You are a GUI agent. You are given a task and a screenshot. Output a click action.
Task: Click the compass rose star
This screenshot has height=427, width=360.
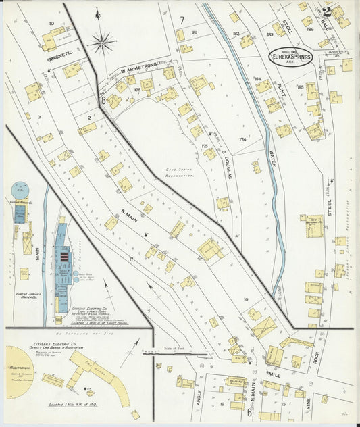click(x=101, y=43)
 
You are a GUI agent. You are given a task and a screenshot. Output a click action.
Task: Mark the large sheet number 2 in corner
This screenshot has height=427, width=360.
click(x=327, y=11)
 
